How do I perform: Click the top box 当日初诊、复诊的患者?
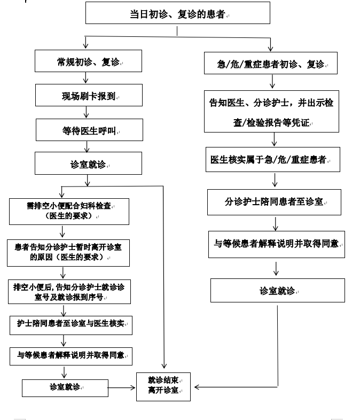point(177,13)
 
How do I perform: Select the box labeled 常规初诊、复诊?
point(88,61)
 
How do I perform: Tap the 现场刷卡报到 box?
point(88,96)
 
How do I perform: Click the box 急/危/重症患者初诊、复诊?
point(270,63)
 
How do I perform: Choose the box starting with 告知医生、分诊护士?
point(271,111)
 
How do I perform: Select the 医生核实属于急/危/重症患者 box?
point(272,160)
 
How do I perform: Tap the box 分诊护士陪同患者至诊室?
point(274,201)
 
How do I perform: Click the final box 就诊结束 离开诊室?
point(165,386)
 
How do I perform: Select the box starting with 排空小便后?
point(70,291)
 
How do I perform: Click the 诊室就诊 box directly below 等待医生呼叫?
point(88,163)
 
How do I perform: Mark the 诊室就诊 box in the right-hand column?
point(277,291)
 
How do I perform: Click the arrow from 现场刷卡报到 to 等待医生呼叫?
point(88,112)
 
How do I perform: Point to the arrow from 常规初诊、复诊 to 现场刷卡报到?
point(88,78)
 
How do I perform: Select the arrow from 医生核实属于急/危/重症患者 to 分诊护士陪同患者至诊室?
point(274,181)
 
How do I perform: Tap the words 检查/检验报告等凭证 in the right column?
point(271,123)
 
